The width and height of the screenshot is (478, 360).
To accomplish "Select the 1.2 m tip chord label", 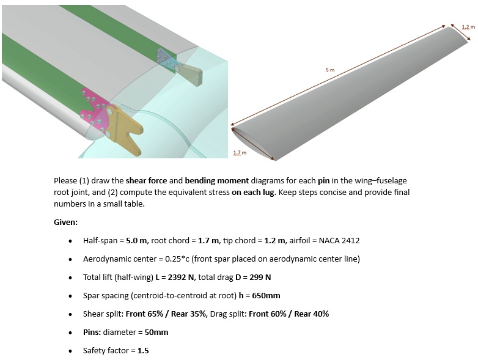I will [468, 26].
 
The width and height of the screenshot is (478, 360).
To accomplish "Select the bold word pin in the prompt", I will [324, 181].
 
